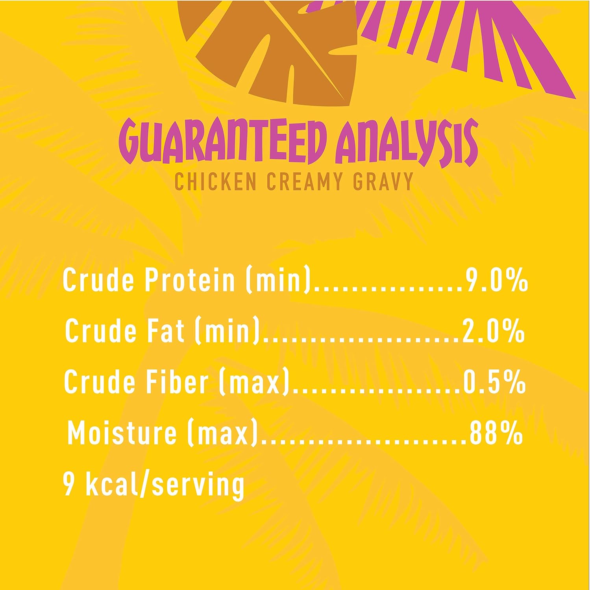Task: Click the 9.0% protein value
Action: click(x=496, y=279)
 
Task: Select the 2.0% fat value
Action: click(x=494, y=331)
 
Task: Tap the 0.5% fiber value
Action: click(x=494, y=382)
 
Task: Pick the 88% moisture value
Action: click(x=496, y=433)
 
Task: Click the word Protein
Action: click(x=190, y=279)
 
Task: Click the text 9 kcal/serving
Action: click(x=154, y=485)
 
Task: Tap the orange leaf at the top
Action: click(x=268, y=47)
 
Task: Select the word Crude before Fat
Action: click(x=100, y=330)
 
